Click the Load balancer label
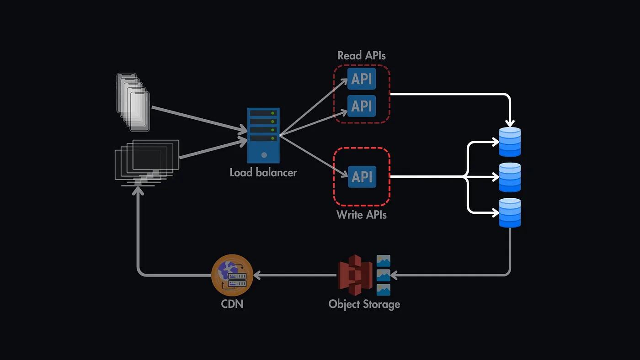(x=263, y=173)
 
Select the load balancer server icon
(x=263, y=136)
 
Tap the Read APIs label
(x=362, y=56)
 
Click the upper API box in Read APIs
(x=362, y=79)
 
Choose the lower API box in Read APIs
(x=362, y=106)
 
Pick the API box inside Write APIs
(x=362, y=176)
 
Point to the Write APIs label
(x=362, y=214)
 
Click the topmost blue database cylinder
(x=510, y=142)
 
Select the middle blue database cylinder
(x=510, y=177)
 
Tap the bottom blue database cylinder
(x=510, y=213)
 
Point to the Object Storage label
(x=364, y=304)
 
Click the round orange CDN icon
(x=232, y=275)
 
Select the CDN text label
(x=232, y=303)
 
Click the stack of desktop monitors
(x=147, y=162)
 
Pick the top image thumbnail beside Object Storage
(x=383, y=261)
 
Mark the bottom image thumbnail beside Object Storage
(x=383, y=290)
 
